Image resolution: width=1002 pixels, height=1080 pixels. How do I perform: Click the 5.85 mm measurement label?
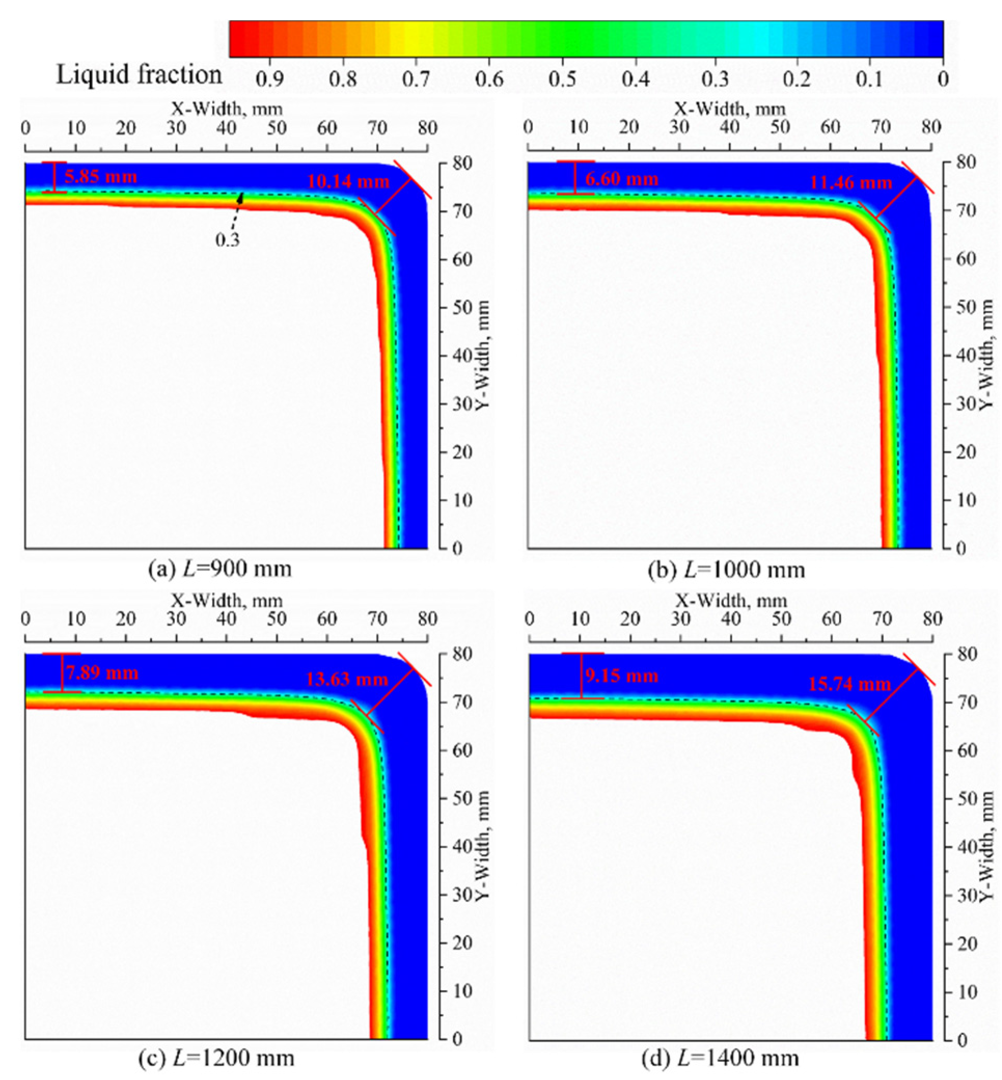click(100, 177)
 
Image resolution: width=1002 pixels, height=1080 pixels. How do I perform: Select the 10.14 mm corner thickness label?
click(348, 182)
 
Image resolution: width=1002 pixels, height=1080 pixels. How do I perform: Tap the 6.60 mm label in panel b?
click(621, 179)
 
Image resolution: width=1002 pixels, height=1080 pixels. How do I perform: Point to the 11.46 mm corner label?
click(850, 183)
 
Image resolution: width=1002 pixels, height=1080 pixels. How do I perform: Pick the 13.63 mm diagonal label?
click(347, 679)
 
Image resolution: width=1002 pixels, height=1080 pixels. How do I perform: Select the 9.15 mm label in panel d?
click(621, 676)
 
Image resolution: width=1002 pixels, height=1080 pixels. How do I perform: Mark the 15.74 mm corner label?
click(849, 684)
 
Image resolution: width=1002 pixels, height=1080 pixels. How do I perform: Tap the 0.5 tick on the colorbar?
click(562, 80)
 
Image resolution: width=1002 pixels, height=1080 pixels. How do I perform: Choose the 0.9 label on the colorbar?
click(269, 80)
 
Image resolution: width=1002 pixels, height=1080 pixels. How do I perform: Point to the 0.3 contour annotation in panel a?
click(227, 240)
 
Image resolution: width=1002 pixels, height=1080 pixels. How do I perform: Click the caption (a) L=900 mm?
click(219, 569)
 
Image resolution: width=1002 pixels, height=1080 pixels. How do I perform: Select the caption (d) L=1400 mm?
click(721, 1058)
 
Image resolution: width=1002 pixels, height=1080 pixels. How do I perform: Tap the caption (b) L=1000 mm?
click(726, 570)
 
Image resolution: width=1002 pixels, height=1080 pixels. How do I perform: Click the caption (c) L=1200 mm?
click(216, 1058)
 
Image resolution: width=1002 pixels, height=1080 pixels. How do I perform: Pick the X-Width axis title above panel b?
click(730, 109)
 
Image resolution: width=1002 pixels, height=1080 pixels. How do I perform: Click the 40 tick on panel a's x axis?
click(226, 129)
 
